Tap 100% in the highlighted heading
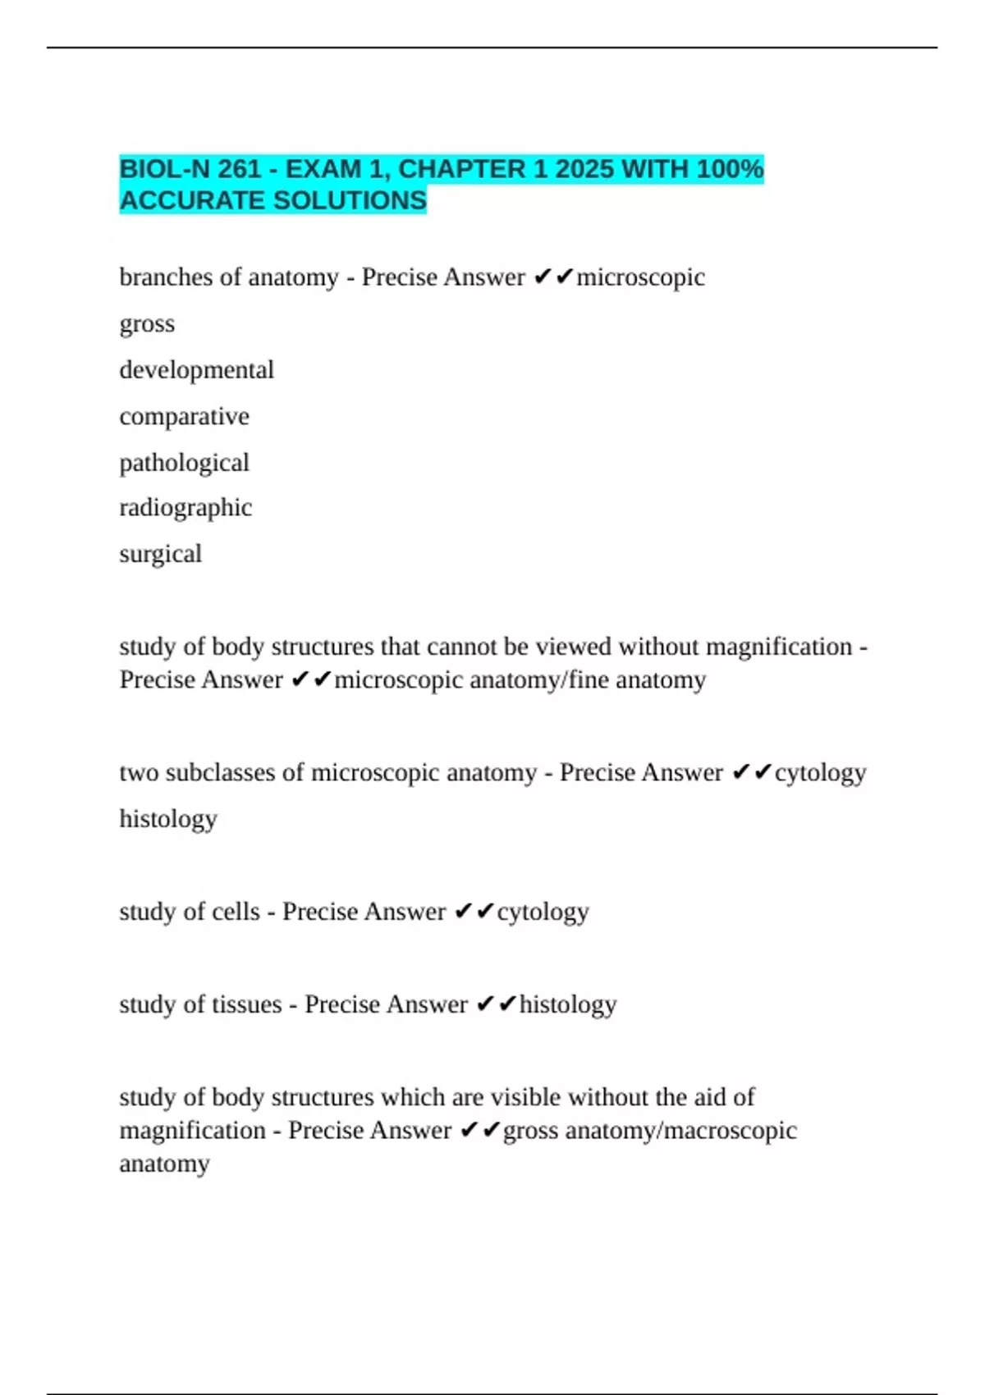[x=730, y=169]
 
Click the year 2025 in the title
[x=584, y=169]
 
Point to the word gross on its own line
[x=147, y=324]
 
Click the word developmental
[x=196, y=370]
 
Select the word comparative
[x=184, y=416]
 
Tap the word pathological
[x=184, y=463]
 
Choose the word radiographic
[x=186, y=508]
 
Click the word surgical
[x=160, y=554]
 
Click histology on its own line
[x=168, y=819]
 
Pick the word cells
[x=236, y=912]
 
